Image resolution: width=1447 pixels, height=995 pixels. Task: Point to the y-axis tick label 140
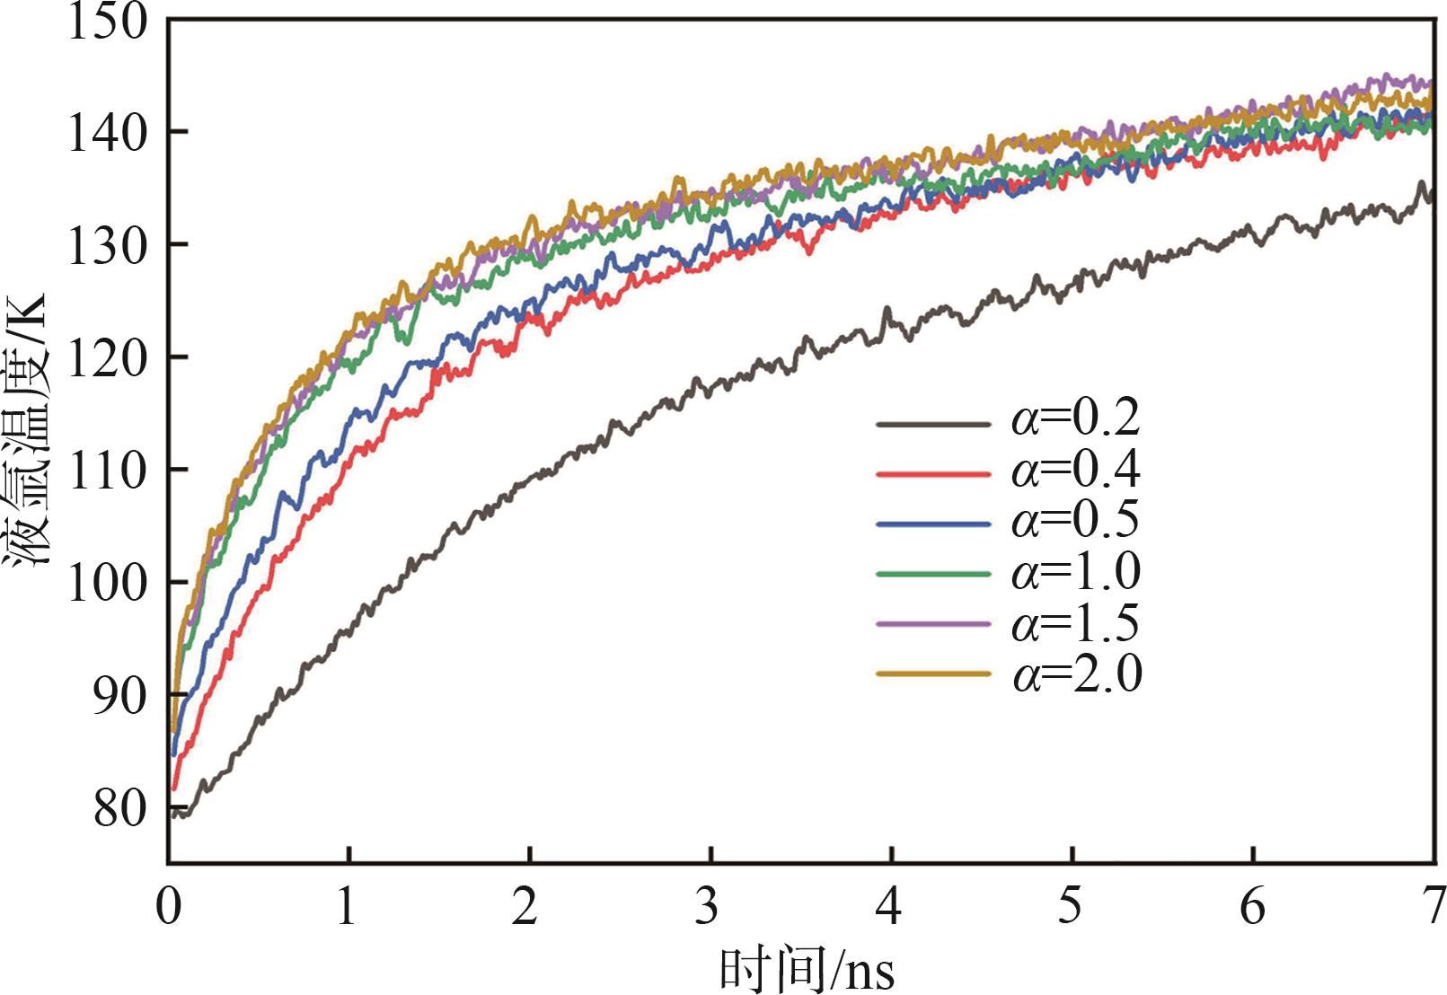click(106, 133)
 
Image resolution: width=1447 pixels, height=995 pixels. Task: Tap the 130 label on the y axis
click(106, 245)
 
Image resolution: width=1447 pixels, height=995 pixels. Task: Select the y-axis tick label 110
click(106, 470)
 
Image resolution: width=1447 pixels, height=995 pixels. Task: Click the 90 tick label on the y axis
click(119, 695)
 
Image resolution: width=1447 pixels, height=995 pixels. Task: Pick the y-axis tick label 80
click(119, 808)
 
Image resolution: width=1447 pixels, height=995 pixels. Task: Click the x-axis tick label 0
click(168, 907)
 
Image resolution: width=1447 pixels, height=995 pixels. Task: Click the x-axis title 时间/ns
click(807, 970)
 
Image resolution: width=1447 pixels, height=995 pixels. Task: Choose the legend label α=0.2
click(1076, 419)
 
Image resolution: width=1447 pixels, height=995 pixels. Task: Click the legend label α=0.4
click(1076, 471)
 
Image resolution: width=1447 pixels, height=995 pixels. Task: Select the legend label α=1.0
click(1076, 572)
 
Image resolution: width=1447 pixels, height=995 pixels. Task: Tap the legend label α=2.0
click(1076, 674)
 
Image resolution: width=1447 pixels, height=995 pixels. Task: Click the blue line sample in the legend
click(932, 522)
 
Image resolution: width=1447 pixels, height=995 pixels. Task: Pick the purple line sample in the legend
click(932, 623)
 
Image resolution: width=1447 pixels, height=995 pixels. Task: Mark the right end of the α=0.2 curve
click(1431, 199)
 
